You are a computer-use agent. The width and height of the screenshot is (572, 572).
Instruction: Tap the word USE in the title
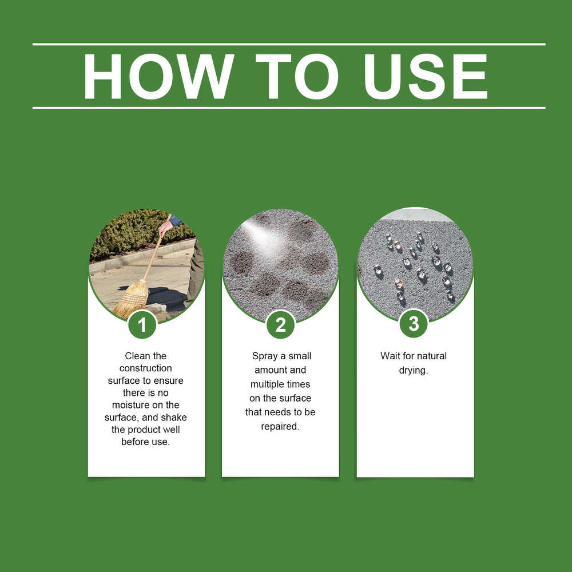tap(426, 76)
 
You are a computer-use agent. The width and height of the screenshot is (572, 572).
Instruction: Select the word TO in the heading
tap(297, 76)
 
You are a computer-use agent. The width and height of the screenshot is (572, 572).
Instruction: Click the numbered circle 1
tap(142, 324)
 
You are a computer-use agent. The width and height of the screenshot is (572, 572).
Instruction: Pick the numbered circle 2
tap(280, 324)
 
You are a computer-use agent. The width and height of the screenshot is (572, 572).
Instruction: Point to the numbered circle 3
tap(414, 323)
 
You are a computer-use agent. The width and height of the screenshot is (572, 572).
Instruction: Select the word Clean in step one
tap(135, 356)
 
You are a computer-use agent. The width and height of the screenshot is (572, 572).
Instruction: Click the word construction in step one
tap(145, 368)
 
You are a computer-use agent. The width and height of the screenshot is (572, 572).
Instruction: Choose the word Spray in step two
tap(265, 356)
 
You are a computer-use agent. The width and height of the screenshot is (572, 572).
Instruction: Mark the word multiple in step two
tap(267, 384)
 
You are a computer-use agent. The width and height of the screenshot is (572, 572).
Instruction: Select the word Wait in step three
tap(390, 356)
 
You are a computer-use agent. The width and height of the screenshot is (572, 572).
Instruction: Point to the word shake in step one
tap(174, 418)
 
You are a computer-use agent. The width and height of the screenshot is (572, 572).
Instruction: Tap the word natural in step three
tap(431, 356)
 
